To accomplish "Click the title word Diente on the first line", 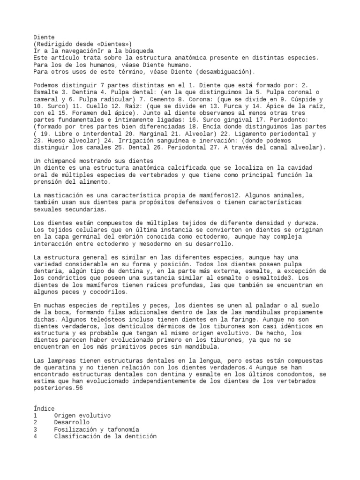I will pyautogui.click(x=44, y=37).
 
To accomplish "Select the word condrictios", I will pyautogui.click(x=67, y=278).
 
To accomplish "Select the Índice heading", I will pyautogui.click(x=44, y=409).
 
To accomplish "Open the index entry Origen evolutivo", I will pyautogui.click(x=82, y=416).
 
